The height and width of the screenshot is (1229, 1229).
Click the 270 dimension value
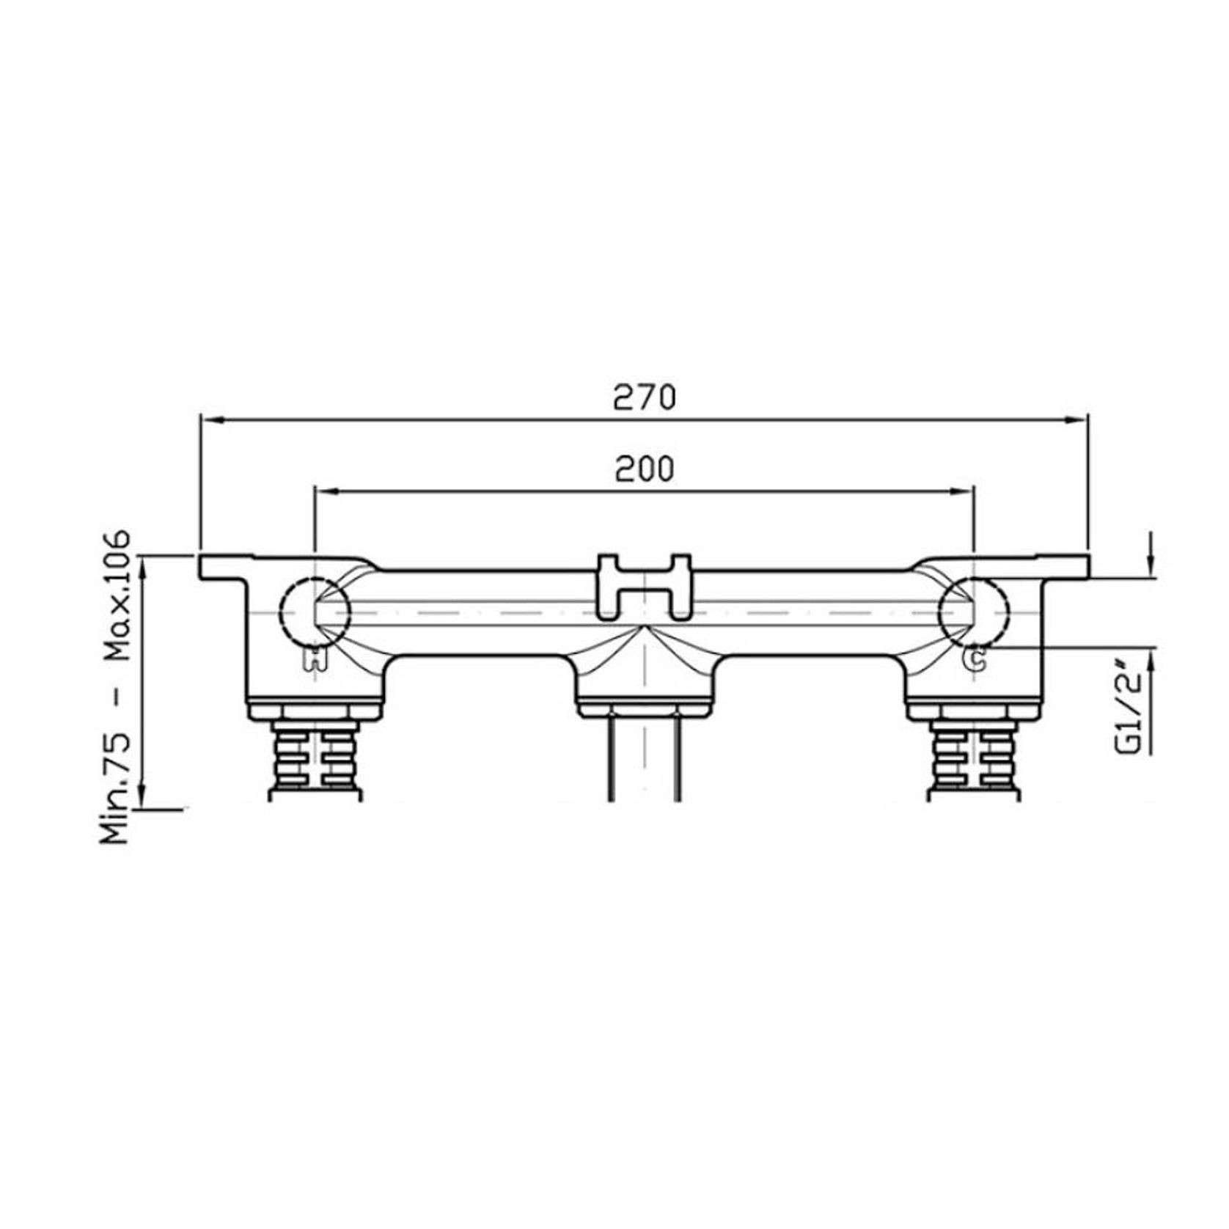(644, 397)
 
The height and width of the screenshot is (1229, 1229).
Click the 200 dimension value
(644, 469)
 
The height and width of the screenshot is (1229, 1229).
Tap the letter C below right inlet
(975, 658)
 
